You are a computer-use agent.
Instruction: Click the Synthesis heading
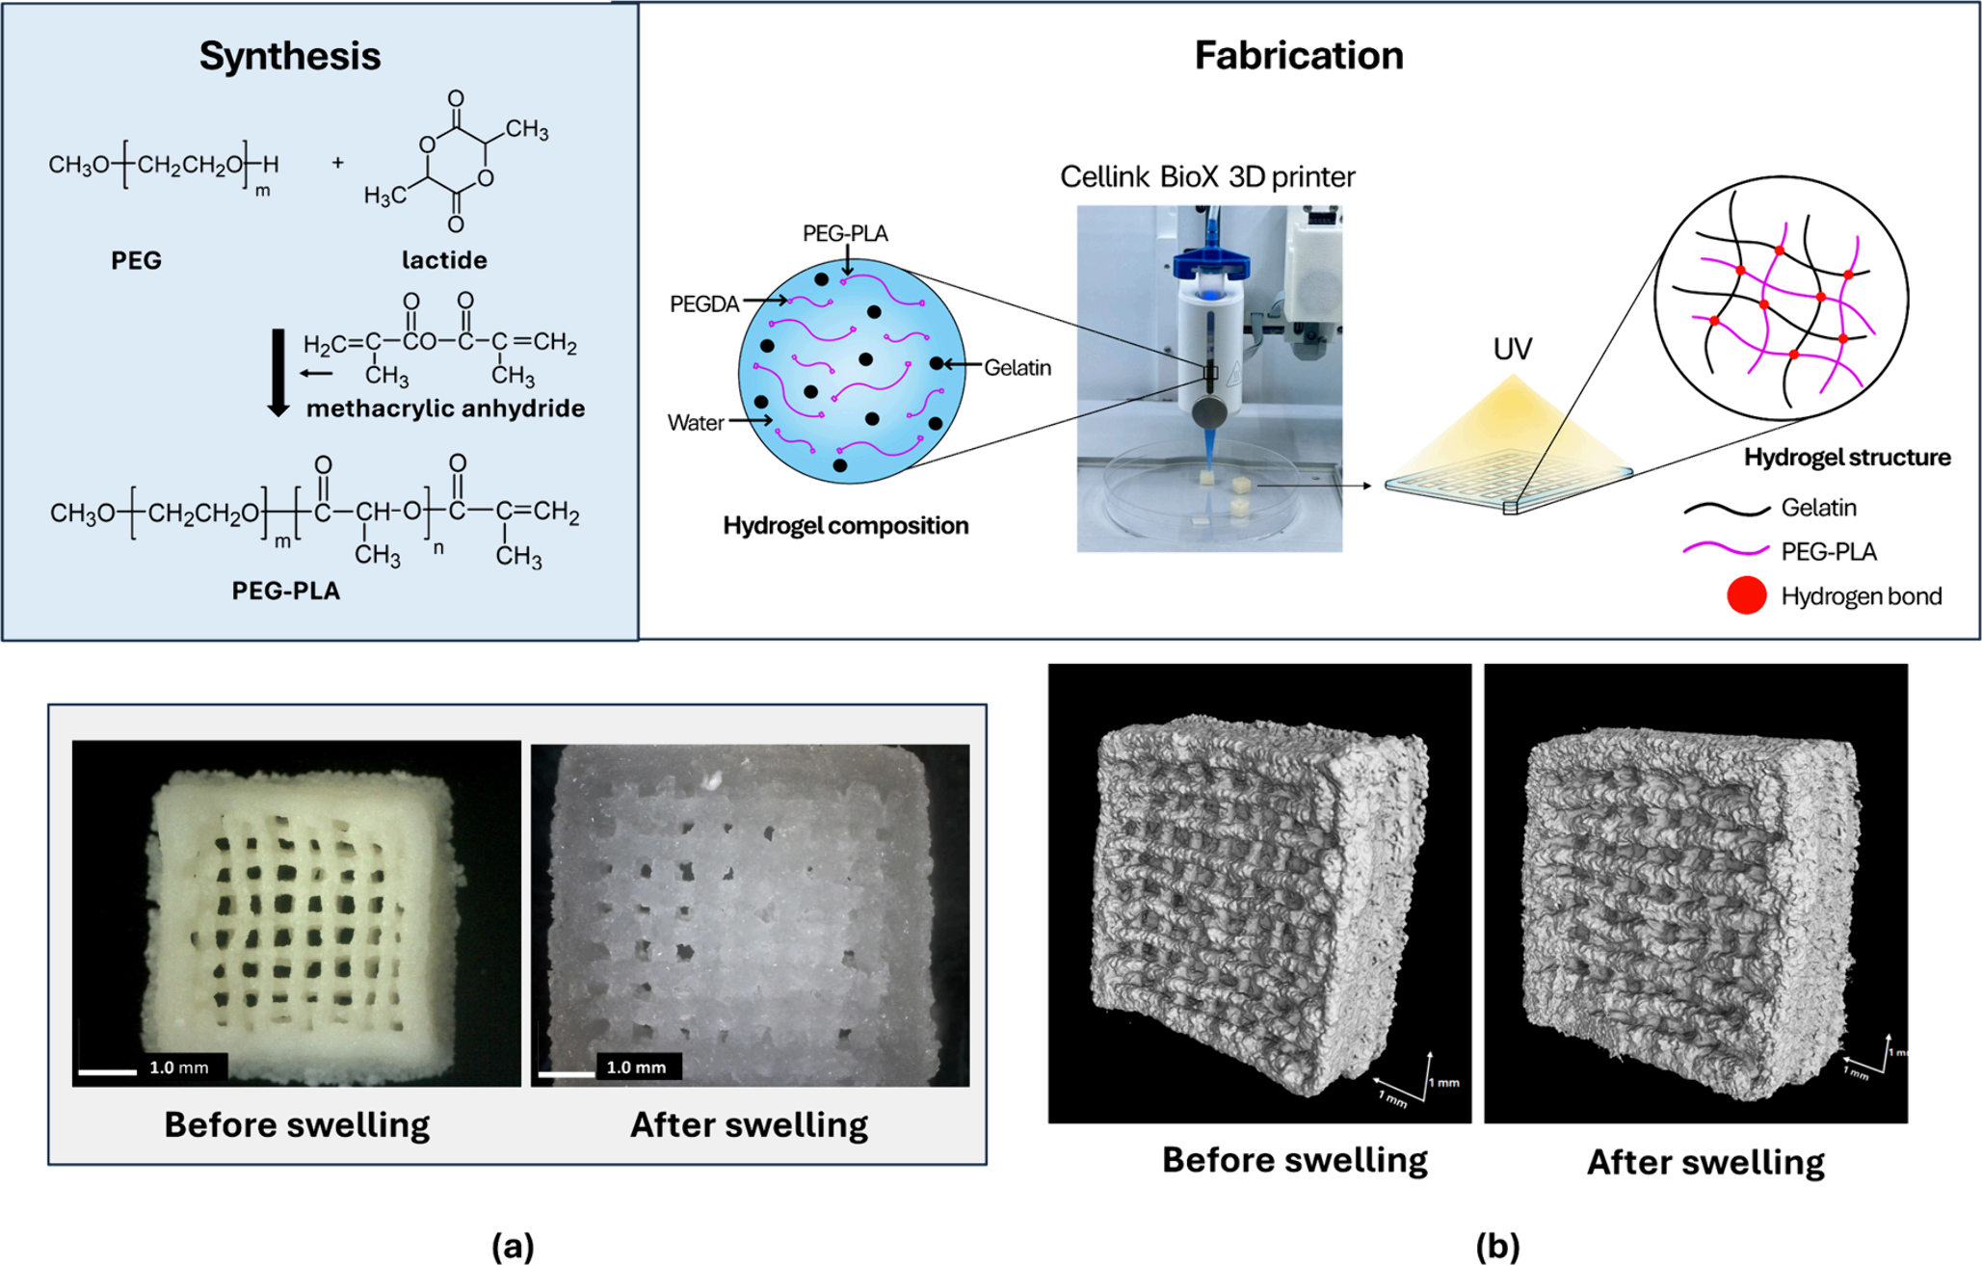289,56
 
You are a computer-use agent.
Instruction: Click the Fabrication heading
1298,55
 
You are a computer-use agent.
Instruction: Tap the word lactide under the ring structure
444,260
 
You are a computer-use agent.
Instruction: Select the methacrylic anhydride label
445,408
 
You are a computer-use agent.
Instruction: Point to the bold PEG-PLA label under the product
286,591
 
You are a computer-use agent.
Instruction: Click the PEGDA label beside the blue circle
704,304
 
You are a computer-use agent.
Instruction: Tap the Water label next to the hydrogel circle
696,423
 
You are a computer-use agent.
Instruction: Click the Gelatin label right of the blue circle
1017,368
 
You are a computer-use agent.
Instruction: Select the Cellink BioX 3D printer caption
1207,177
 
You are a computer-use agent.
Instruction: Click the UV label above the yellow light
1512,349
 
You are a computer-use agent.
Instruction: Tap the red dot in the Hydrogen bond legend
1746,596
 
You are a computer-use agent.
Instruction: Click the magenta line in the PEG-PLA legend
1726,551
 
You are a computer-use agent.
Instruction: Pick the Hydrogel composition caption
846,526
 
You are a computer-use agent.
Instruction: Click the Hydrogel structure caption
1847,458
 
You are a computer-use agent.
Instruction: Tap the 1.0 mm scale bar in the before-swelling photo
108,1070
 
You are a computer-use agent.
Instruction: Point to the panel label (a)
513,1246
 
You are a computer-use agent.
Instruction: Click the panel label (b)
1497,1246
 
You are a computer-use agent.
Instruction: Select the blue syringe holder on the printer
1209,262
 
